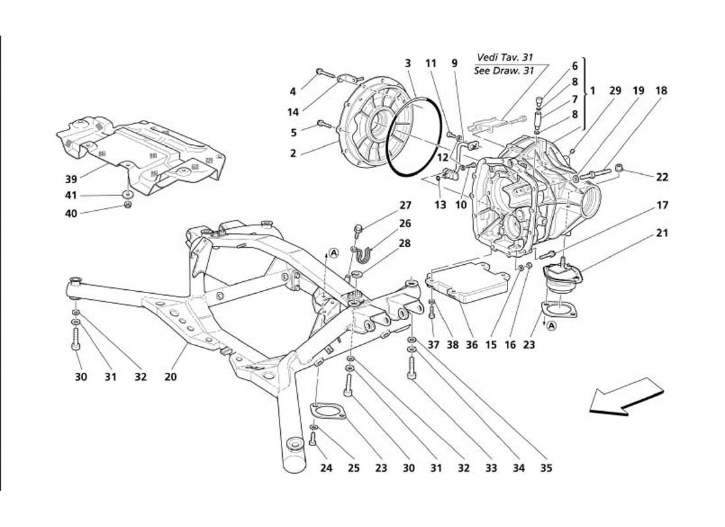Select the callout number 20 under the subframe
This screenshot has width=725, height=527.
pos(171,377)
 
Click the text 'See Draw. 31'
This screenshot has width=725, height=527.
pos(504,71)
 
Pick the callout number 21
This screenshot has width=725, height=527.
pos(662,233)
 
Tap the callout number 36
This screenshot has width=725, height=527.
pos(472,343)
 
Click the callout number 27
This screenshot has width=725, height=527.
pos(404,206)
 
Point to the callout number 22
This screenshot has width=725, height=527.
pos(662,177)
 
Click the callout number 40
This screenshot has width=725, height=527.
pos(71,212)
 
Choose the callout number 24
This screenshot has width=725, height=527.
pos(327,468)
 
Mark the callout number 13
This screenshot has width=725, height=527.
pos(440,205)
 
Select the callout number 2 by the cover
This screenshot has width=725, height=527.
pos(293,153)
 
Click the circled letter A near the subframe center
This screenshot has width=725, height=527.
pos(334,252)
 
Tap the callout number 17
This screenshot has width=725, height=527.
pos(662,206)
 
